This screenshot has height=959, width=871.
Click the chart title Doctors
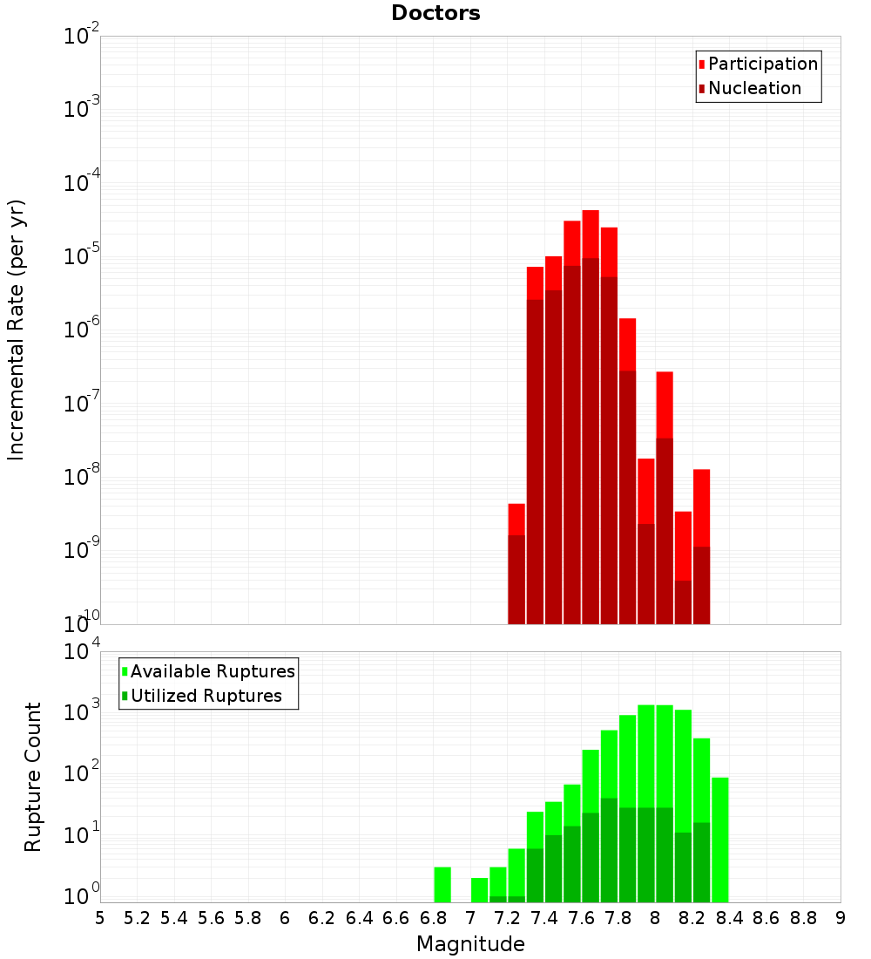point(435,13)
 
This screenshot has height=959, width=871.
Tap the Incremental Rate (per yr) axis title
point(17,330)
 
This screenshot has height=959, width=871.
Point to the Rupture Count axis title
point(33,776)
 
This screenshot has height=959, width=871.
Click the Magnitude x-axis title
point(470,944)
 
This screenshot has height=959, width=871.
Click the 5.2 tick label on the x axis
point(137,918)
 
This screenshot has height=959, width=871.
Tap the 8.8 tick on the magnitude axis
point(803,918)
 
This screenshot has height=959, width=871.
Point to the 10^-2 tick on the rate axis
point(82,37)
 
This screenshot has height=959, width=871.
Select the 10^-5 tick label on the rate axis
point(82,256)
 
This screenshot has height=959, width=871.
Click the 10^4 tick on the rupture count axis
point(82,652)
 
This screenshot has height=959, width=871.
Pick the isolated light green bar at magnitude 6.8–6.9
point(442,884)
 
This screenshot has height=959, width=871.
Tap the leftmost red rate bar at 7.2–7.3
point(517,519)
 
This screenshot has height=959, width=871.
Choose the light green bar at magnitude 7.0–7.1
point(479,889)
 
